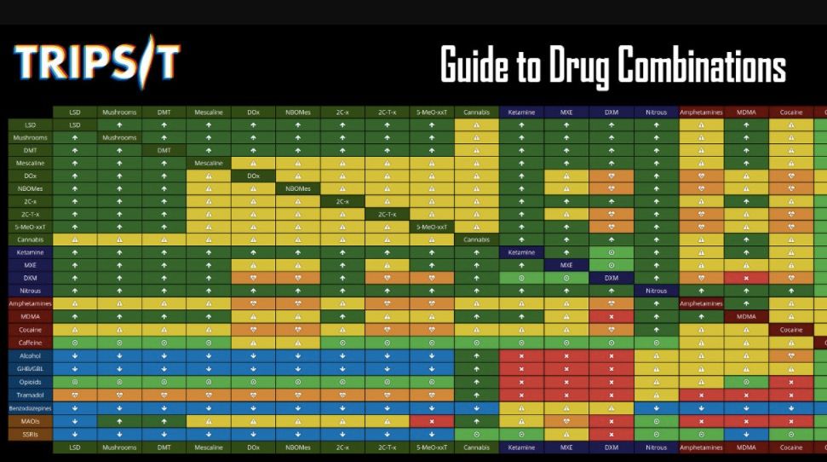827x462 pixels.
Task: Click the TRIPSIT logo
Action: pyautogui.click(x=96, y=62)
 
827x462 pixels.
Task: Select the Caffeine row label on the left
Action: pyautogui.click(x=31, y=343)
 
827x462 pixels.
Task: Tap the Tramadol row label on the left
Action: pyautogui.click(x=31, y=395)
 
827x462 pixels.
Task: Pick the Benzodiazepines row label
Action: pyautogui.click(x=31, y=408)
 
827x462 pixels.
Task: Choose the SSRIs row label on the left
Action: pyautogui.click(x=31, y=434)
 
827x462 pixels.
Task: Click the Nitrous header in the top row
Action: pyautogui.click(x=656, y=112)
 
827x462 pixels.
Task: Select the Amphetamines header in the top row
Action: pyautogui.click(x=701, y=112)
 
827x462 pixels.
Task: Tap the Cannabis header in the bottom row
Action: pyautogui.click(x=477, y=447)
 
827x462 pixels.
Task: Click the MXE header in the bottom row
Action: pyautogui.click(x=566, y=447)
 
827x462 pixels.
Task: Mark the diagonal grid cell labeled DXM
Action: pyautogui.click(x=612, y=278)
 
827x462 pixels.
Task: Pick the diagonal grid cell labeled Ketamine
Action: pyautogui.click(x=521, y=252)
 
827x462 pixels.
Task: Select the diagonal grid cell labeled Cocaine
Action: pyautogui.click(x=790, y=329)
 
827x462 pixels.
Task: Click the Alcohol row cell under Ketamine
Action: pyautogui.click(x=521, y=355)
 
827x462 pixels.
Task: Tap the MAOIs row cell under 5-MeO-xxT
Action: pyautogui.click(x=432, y=421)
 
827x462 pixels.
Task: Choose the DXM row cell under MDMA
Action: pyautogui.click(x=746, y=278)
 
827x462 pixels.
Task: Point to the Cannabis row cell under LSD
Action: pyautogui.click(x=74, y=240)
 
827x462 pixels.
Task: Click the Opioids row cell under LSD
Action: pyautogui.click(x=74, y=382)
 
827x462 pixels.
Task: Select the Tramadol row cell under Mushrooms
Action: pyautogui.click(x=119, y=395)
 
